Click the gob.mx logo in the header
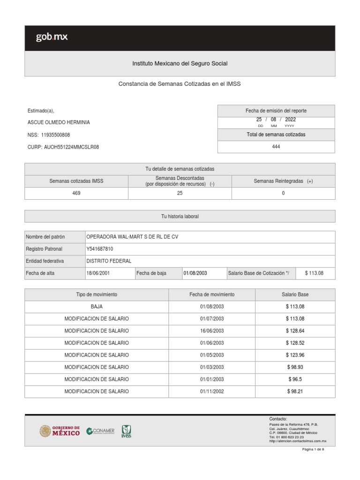[x=52, y=37]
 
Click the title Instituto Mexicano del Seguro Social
[x=180, y=63]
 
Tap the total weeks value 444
[x=276, y=147]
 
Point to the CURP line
[x=63, y=147]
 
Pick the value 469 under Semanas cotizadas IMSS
[x=76, y=194]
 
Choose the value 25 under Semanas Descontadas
[x=180, y=194]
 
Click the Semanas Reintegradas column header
[x=283, y=181]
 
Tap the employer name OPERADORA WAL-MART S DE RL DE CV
[x=133, y=237]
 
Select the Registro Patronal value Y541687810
[x=100, y=249]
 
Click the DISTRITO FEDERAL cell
[x=109, y=261]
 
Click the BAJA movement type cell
[x=97, y=307]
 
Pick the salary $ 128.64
[x=295, y=330]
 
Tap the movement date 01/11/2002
[x=212, y=391]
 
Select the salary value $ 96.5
[x=295, y=379]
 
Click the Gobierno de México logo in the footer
[x=60, y=430]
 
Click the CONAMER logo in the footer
[x=100, y=431]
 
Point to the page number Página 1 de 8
[x=313, y=450]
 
